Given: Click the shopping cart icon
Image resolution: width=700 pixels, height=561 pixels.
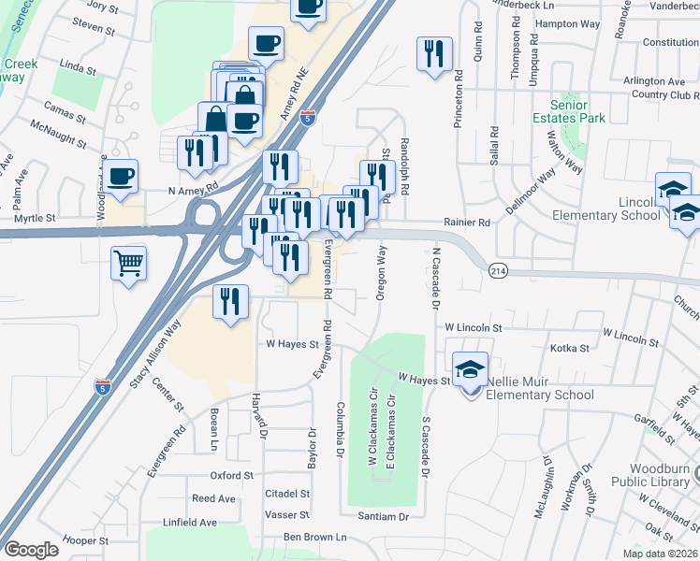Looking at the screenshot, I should point(128,262).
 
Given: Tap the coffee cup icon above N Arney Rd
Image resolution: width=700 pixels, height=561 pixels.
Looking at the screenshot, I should point(120,176).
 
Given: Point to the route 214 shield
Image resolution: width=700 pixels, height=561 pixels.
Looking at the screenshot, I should point(497,269).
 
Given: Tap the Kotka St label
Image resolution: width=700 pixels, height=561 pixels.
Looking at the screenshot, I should point(570,348).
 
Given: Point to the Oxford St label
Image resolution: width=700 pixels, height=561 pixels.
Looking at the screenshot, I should point(232,475).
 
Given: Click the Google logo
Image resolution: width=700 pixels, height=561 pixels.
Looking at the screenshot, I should point(31,550).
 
